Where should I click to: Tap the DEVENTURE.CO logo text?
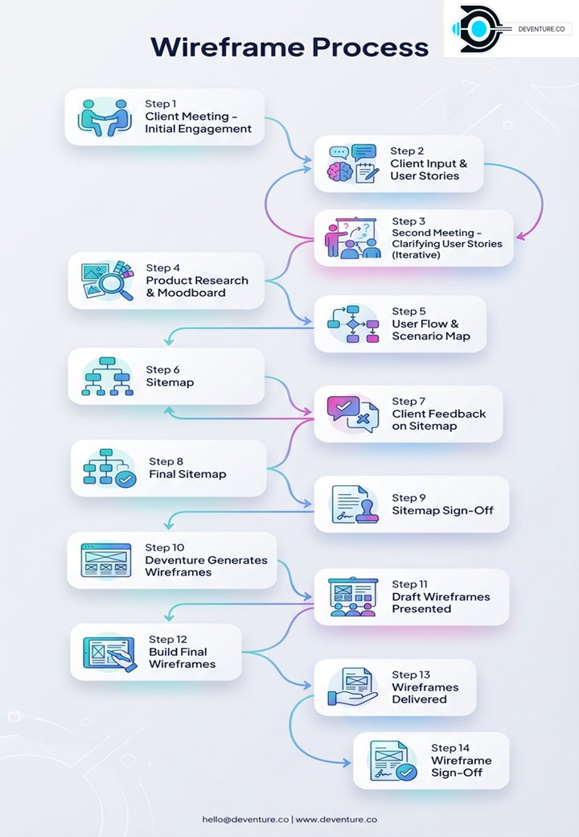tap(541, 29)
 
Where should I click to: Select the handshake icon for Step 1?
tap(105, 118)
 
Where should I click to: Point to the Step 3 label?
tap(409, 221)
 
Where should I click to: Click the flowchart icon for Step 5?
tap(353, 324)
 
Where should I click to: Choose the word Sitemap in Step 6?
tap(170, 382)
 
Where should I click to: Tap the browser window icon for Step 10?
tap(105, 560)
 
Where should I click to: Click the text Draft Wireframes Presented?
tap(441, 603)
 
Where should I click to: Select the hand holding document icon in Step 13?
tap(352, 687)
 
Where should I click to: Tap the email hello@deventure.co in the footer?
tap(245, 819)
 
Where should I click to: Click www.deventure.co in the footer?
tap(336, 819)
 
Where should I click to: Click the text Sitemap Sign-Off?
tap(443, 510)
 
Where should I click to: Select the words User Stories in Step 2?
tap(425, 175)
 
